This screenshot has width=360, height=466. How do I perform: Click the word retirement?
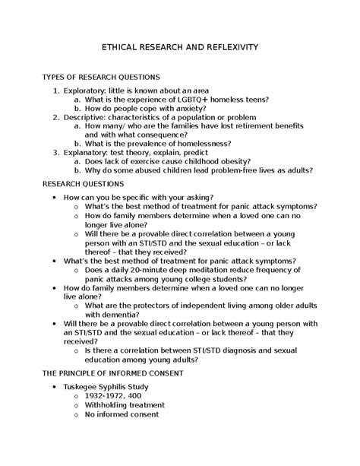pos(257,126)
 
